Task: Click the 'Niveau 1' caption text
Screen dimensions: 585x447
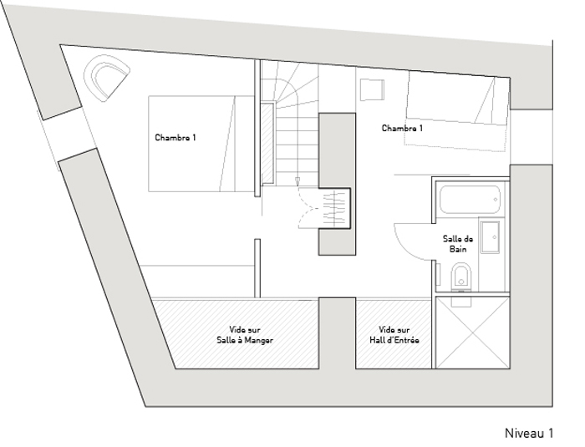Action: click(x=529, y=433)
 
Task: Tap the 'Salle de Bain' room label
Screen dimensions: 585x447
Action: click(x=458, y=244)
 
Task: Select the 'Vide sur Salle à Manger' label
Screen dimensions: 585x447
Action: click(x=245, y=335)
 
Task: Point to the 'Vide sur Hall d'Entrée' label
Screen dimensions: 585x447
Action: click(x=394, y=335)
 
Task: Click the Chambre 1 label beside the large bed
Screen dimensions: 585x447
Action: click(x=175, y=138)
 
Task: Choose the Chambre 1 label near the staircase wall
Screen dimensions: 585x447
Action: click(x=402, y=128)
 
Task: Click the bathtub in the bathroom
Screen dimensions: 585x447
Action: click(x=470, y=200)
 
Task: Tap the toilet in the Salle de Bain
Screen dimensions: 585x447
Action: click(x=461, y=277)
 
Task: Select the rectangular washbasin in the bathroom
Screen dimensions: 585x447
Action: click(x=490, y=237)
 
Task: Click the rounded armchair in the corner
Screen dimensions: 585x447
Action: click(x=106, y=78)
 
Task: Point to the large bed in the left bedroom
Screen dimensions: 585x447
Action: click(x=201, y=144)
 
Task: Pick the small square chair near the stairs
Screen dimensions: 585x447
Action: click(x=372, y=89)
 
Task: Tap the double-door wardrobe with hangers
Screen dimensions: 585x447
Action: click(x=324, y=208)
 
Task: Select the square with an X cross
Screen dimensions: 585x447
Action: click(x=472, y=333)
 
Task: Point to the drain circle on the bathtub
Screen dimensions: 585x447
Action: click(x=495, y=200)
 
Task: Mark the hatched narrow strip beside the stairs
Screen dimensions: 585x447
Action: click(x=267, y=143)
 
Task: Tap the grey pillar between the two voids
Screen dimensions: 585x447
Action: click(x=337, y=333)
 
